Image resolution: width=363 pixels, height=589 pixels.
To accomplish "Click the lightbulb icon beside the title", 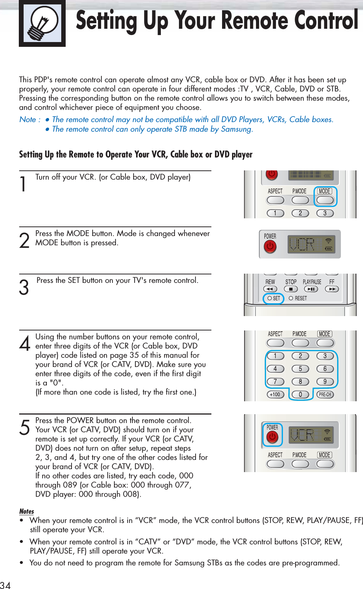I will click(x=42, y=23).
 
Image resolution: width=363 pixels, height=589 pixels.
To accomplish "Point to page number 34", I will click(x=6, y=585).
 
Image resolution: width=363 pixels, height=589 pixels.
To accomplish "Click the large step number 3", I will click(x=24, y=288).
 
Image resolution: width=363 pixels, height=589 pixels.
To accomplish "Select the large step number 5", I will click(x=24, y=428).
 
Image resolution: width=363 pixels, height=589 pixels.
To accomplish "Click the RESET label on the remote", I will click(x=301, y=298).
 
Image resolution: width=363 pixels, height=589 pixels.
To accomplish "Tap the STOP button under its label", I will click(x=291, y=289).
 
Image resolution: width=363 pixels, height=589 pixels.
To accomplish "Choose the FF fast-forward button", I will click(x=332, y=289).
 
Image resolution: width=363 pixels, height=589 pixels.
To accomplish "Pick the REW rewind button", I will click(x=270, y=289).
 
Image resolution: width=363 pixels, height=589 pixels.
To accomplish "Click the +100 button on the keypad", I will click(x=275, y=394).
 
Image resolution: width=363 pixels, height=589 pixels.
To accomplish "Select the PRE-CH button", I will click(x=325, y=394).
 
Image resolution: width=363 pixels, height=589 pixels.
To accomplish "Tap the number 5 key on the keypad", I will click(x=300, y=369).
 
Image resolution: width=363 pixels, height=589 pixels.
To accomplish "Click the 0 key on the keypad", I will click(x=300, y=394).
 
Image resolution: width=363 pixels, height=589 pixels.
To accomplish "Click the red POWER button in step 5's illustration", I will click(x=272, y=437).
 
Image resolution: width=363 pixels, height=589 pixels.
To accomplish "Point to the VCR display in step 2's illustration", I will click(x=302, y=244).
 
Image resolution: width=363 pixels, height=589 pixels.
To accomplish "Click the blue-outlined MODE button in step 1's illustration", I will click(x=325, y=200).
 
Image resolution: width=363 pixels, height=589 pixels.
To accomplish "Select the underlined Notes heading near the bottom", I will click(x=27, y=511).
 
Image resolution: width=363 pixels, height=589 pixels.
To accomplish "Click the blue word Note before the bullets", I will click(x=28, y=119).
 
